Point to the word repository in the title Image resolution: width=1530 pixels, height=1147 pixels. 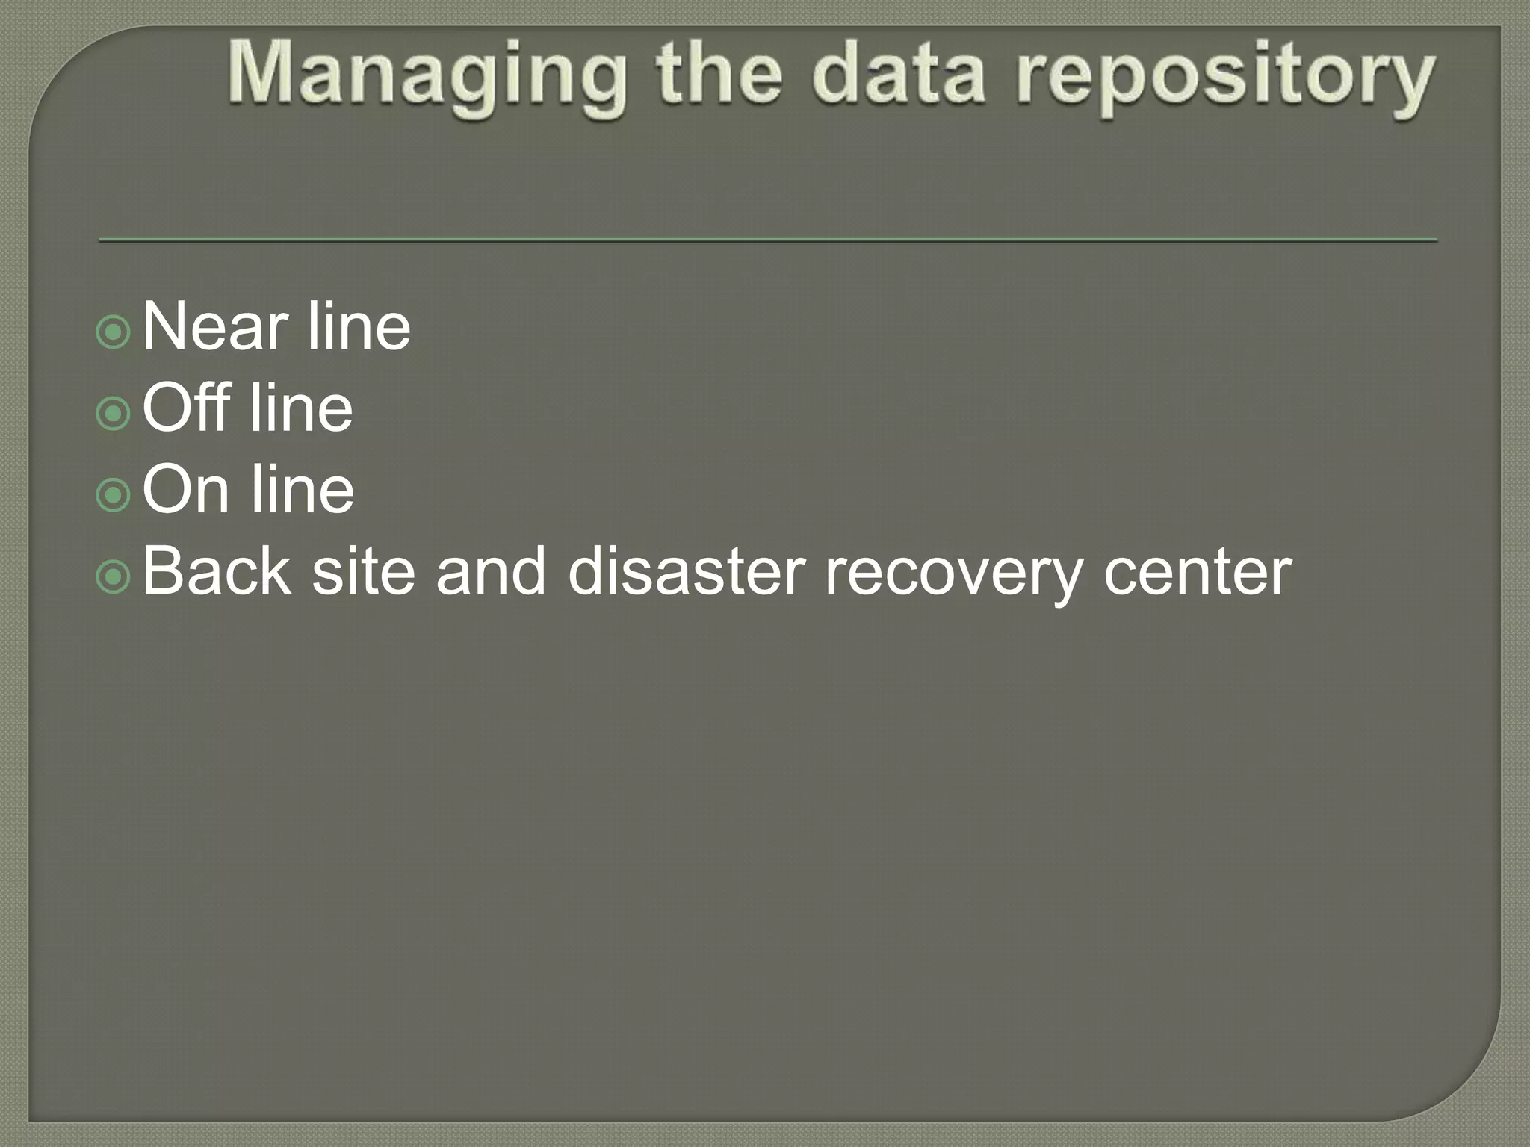tap(1224, 78)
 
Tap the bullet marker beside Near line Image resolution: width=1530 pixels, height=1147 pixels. tap(114, 332)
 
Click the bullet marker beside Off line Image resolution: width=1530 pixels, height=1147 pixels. tap(114, 413)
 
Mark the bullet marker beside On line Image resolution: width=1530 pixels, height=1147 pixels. tap(114, 494)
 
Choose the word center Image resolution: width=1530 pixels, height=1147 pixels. tap(1198, 573)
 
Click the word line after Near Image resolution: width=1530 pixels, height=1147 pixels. tap(359, 326)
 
